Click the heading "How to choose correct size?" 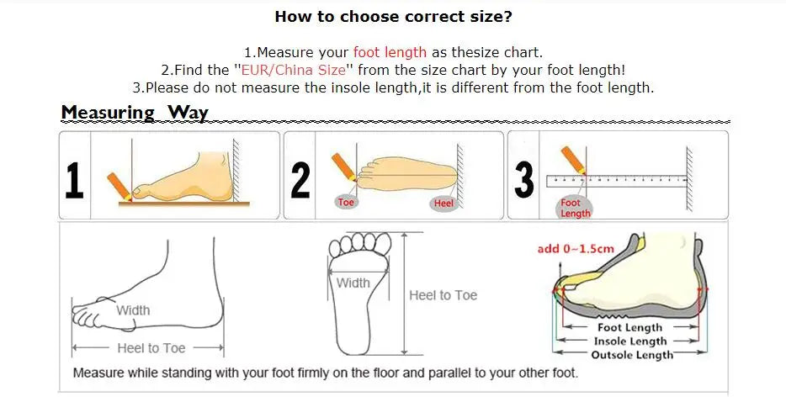click(x=394, y=17)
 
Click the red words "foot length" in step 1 click(x=390, y=52)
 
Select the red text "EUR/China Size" click(x=293, y=70)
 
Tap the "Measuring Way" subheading click(x=135, y=113)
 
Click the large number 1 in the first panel click(x=74, y=181)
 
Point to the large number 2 click(x=300, y=181)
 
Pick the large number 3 click(x=524, y=181)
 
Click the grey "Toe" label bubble click(x=346, y=202)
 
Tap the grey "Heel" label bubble click(x=443, y=203)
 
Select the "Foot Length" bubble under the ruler click(x=575, y=208)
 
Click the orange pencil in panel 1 click(x=119, y=187)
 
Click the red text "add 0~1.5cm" click(x=576, y=249)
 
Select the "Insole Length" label click(x=630, y=341)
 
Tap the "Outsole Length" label click(x=632, y=355)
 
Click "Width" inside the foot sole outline click(x=353, y=283)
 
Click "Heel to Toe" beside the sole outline click(x=443, y=295)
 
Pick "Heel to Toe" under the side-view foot click(x=151, y=348)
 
